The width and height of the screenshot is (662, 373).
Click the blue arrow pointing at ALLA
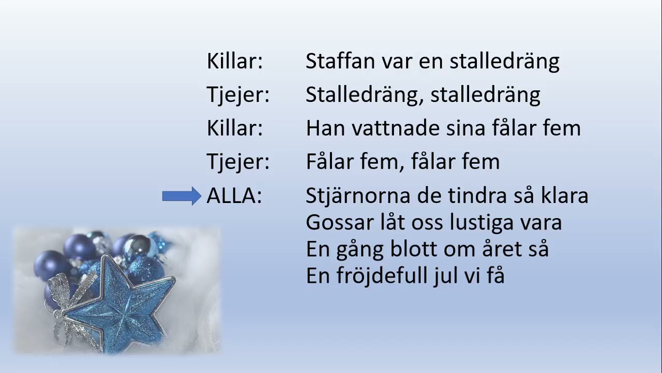[182, 196]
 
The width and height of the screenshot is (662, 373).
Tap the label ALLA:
[234, 196]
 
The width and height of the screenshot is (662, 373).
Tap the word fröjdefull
[380, 276]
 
